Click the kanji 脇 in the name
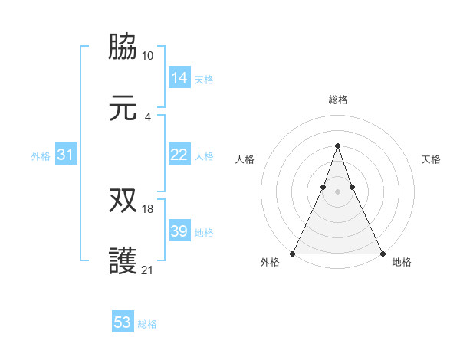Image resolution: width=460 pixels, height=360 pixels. pyautogui.click(x=123, y=47)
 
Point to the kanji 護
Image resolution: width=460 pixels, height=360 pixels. pyautogui.click(x=123, y=260)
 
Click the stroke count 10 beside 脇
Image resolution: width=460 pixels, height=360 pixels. pyautogui.click(x=147, y=56)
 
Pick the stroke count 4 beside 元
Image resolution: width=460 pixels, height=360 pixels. pyautogui.click(x=148, y=116)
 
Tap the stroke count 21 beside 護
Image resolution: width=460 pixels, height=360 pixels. pyautogui.click(x=148, y=270)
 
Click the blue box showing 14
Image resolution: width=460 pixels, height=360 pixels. pyautogui.click(x=179, y=77)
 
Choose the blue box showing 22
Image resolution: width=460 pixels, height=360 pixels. pyautogui.click(x=179, y=155)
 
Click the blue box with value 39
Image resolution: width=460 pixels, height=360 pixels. pyautogui.click(x=179, y=231)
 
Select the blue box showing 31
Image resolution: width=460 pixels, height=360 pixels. pyautogui.click(x=66, y=155)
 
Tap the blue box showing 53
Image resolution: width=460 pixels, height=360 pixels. pyautogui.click(x=123, y=322)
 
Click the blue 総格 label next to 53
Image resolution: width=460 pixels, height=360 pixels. pyautogui.click(x=148, y=324)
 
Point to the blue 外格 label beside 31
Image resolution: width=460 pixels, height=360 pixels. pyautogui.click(x=41, y=156)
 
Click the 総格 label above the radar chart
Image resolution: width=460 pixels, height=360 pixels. pyautogui.click(x=338, y=100)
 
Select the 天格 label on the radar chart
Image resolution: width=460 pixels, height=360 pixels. pyautogui.click(x=431, y=159)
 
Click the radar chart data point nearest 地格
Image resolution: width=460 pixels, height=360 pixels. pyautogui.click(x=382, y=253)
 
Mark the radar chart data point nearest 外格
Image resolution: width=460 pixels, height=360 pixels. pyautogui.click(x=294, y=253)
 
